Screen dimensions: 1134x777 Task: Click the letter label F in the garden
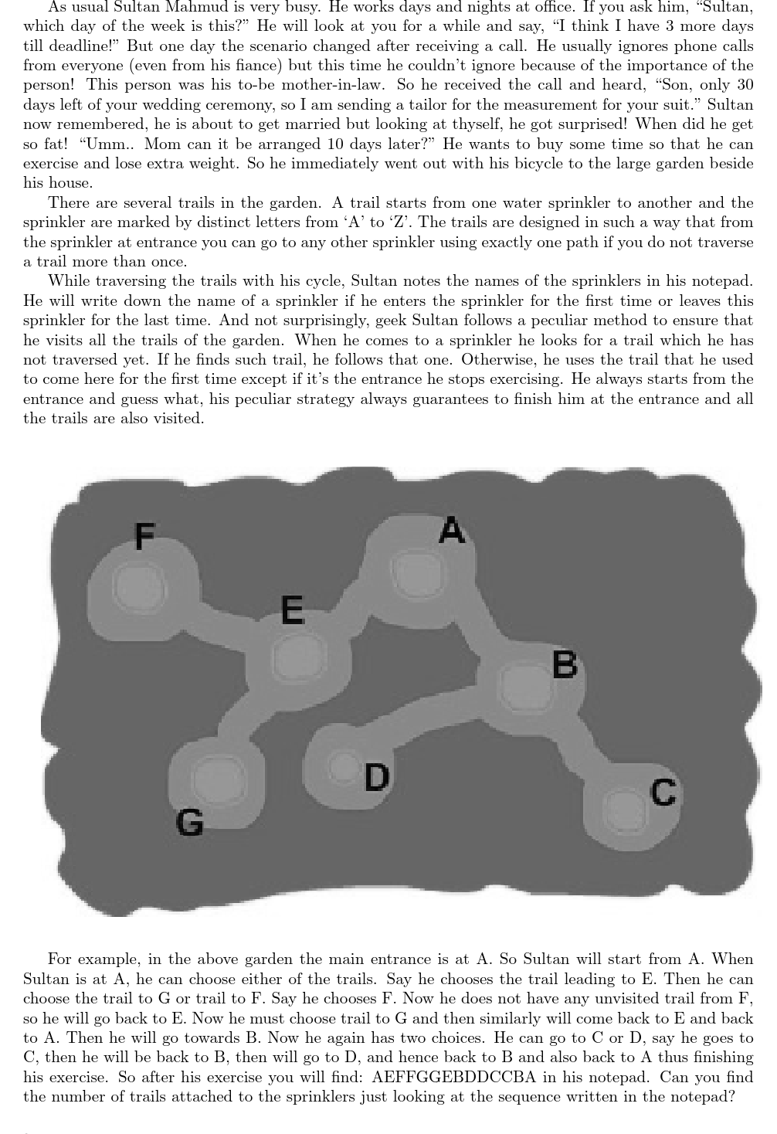click(x=144, y=535)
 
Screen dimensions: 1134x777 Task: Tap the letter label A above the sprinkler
click(x=452, y=531)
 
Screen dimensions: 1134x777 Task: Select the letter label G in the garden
click(x=190, y=822)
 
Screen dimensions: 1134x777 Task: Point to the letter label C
click(x=663, y=793)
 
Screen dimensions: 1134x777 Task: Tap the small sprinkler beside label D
click(x=341, y=766)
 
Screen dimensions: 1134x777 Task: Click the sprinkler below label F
click(x=138, y=587)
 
